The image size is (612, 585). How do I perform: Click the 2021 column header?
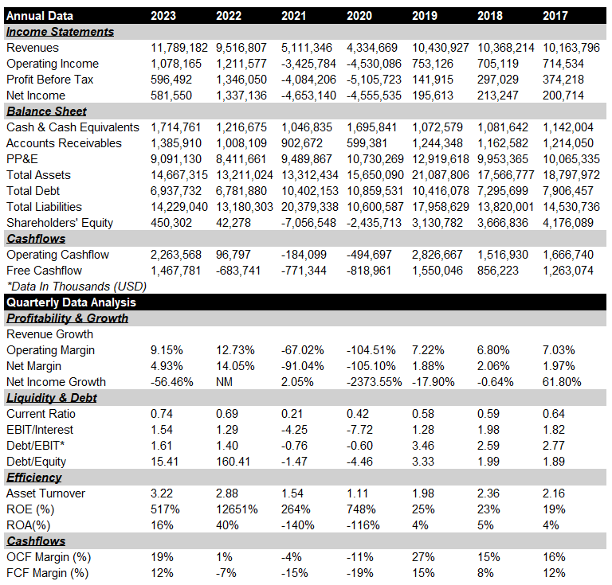click(x=293, y=16)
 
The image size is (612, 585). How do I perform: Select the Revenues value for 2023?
click(x=179, y=48)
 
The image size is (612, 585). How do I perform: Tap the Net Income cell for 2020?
click(x=374, y=96)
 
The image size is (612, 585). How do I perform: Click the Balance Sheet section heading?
click(x=46, y=111)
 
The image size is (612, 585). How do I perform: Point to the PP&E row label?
click(x=22, y=159)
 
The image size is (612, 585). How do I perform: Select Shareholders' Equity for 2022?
click(x=233, y=223)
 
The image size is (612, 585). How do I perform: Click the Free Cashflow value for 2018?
click(x=497, y=271)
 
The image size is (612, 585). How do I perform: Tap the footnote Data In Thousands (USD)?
click(x=76, y=287)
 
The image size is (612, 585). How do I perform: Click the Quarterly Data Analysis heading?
click(x=71, y=302)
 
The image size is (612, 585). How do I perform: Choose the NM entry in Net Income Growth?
click(x=224, y=382)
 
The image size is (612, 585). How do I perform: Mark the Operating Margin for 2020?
click(x=371, y=350)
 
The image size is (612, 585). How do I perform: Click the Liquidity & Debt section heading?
click(x=52, y=398)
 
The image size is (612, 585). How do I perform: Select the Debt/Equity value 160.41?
click(x=233, y=462)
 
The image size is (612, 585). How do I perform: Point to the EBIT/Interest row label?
click(x=40, y=430)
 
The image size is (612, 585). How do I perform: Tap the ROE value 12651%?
click(x=237, y=509)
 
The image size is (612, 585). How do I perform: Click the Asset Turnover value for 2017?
click(x=554, y=493)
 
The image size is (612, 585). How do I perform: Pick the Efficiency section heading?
click(x=34, y=478)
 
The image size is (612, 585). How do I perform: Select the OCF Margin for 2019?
click(x=423, y=557)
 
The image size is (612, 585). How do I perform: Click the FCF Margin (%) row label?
click(x=48, y=573)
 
